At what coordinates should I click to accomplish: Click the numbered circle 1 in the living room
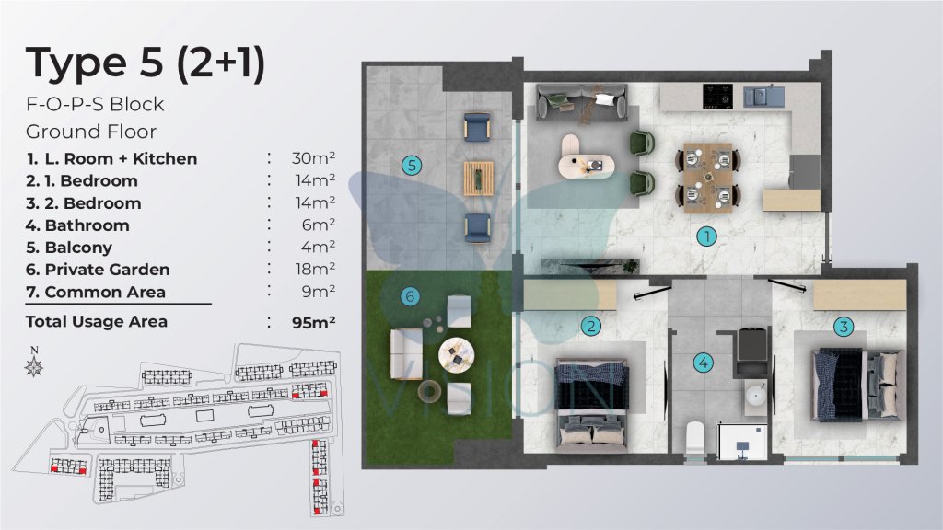tap(706, 236)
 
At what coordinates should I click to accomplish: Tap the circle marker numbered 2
tap(591, 327)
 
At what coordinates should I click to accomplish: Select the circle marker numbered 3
tap(844, 327)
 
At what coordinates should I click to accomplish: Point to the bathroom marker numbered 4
tap(703, 363)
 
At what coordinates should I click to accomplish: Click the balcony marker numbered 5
tap(412, 166)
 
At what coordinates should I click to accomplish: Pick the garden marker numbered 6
tap(410, 295)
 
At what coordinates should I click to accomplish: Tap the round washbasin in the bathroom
tap(756, 395)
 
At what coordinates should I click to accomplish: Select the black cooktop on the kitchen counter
tap(718, 96)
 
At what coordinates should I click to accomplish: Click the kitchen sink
tap(763, 96)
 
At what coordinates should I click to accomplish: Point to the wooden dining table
tap(708, 178)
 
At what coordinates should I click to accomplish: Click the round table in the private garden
tap(456, 354)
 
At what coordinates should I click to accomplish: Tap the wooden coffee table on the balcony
tap(479, 179)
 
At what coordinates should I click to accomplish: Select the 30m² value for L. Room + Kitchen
tap(313, 158)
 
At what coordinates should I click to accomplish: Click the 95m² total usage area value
tap(313, 322)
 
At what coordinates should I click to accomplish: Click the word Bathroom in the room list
tap(87, 225)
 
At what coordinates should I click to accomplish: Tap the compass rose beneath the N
tap(34, 366)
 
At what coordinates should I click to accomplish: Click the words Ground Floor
tap(91, 131)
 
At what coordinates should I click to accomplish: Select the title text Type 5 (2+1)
tap(145, 63)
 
